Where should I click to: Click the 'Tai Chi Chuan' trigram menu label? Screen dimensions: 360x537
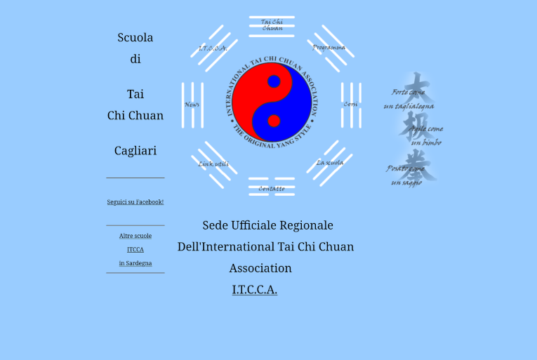click(x=272, y=25)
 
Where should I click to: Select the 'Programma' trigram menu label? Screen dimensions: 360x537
click(x=329, y=48)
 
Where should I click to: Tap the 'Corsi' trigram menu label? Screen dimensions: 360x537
click(x=351, y=105)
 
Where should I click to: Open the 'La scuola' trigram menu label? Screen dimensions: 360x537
click(x=329, y=163)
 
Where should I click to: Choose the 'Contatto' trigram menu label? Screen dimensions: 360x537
click(x=272, y=188)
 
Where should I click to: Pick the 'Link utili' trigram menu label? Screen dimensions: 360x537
click(x=213, y=164)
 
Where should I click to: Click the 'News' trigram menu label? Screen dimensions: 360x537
click(x=192, y=105)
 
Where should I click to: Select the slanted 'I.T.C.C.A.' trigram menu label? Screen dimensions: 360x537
click(x=213, y=48)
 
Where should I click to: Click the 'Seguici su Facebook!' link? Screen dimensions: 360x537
click(x=135, y=202)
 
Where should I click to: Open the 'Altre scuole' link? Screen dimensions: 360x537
click(x=135, y=236)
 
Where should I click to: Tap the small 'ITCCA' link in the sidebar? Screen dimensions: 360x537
click(x=135, y=250)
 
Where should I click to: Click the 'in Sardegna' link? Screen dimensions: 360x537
click(x=135, y=264)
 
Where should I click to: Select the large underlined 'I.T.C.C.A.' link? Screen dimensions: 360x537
click(x=255, y=290)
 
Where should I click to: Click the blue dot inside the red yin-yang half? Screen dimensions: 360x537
click(x=274, y=81)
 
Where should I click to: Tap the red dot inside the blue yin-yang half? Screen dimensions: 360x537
click(x=274, y=121)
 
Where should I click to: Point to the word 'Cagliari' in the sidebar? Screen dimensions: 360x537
click(x=135, y=151)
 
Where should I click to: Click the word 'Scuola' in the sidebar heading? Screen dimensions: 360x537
click(x=135, y=38)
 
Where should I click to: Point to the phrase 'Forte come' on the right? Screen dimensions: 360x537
click(x=408, y=93)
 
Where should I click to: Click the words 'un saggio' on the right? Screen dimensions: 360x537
click(x=407, y=183)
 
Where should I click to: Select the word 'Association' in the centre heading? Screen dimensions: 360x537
click(x=260, y=268)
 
